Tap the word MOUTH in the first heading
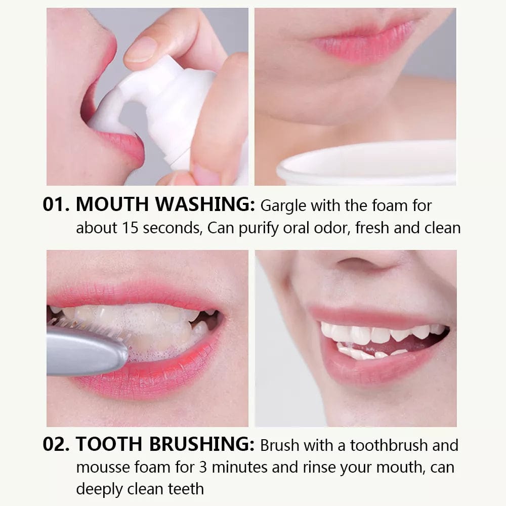tap(112, 206)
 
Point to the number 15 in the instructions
tap(130, 228)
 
